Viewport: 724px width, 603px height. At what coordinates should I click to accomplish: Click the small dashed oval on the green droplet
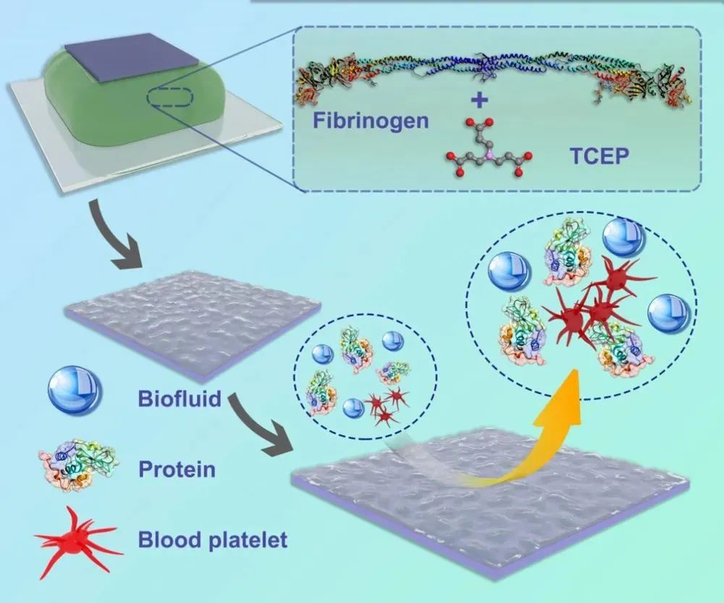coord(172,98)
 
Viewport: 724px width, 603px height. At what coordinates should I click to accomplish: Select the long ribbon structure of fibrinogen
coord(492,69)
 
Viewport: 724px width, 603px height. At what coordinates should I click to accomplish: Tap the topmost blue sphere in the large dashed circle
coord(620,237)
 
